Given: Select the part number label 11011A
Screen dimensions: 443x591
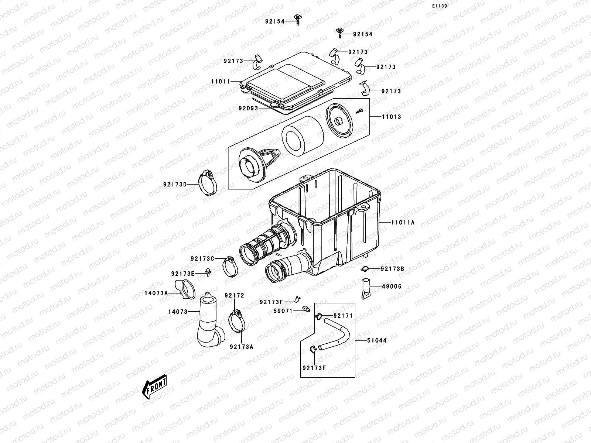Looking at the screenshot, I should [x=403, y=223].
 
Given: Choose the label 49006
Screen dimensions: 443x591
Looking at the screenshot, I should [x=391, y=286].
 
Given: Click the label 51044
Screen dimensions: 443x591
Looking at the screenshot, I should [x=377, y=340].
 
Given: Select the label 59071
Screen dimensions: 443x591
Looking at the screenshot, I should [x=283, y=311].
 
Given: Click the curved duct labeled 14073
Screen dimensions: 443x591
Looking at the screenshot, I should [x=209, y=322].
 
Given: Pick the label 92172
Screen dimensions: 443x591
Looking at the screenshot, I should [x=235, y=296].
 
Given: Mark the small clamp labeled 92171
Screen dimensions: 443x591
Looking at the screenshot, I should [x=318, y=316].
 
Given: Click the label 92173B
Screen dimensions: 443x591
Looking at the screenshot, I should [x=392, y=269].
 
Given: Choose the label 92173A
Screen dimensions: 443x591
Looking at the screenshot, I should [x=242, y=347].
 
